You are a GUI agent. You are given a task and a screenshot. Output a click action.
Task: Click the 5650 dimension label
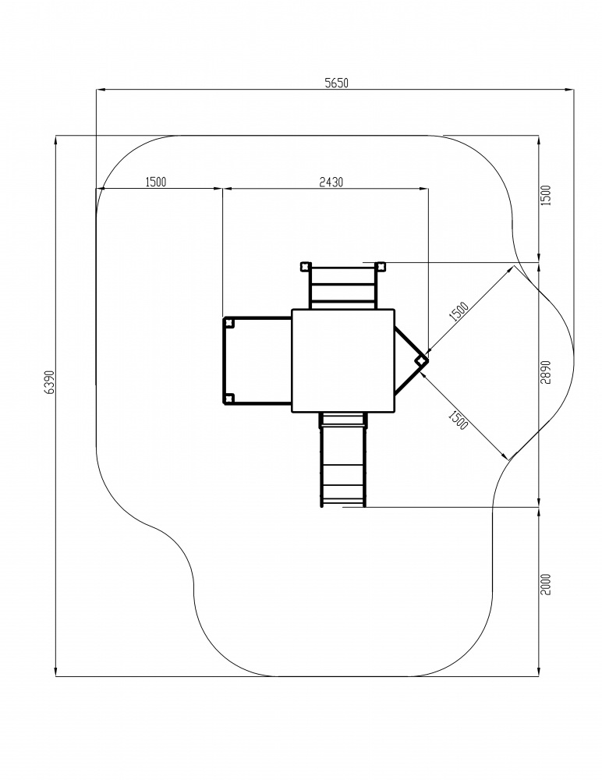pyautogui.click(x=337, y=83)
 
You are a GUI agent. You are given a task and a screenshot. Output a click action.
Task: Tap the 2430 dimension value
pyautogui.click(x=331, y=182)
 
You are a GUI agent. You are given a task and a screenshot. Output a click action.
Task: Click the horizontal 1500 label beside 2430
pyautogui.click(x=156, y=182)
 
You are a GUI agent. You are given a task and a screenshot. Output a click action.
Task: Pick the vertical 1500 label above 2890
pyautogui.click(x=546, y=195)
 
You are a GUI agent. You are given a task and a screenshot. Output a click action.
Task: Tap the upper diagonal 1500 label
pyautogui.click(x=459, y=311)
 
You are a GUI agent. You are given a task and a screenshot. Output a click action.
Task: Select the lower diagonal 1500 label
pyautogui.click(x=459, y=420)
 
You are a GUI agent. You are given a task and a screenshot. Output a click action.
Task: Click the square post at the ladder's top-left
pyautogui.click(x=304, y=266)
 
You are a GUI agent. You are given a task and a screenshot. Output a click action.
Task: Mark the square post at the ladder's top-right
pyautogui.click(x=381, y=266)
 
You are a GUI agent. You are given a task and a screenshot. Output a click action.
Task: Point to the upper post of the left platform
pyautogui.click(x=228, y=323)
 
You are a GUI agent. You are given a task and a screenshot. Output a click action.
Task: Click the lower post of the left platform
pyautogui.click(x=228, y=398)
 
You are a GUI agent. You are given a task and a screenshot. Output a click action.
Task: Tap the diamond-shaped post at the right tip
pyautogui.click(x=421, y=360)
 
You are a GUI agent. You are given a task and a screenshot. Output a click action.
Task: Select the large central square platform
pyautogui.click(x=343, y=360)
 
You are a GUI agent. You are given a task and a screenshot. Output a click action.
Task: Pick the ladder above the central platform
pyautogui.click(x=343, y=288)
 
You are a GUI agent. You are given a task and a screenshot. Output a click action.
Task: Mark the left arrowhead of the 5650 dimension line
pyautogui.click(x=101, y=90)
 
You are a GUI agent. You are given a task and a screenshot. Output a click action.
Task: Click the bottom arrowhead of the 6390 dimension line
pyautogui.click(x=55, y=672)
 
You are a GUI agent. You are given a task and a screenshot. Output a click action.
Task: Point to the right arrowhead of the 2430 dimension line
pyautogui.click(x=423, y=189)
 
